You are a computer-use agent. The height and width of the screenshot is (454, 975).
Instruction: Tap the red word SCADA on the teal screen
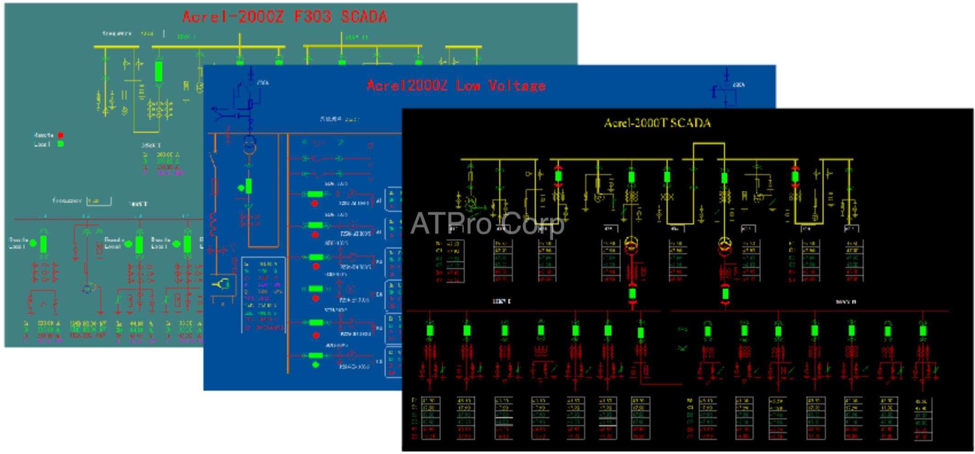point(364,17)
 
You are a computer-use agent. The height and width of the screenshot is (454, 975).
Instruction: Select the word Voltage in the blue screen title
point(516,85)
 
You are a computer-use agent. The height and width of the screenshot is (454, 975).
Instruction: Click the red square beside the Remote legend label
point(60,135)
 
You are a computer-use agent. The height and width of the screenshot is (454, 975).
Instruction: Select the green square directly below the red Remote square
point(60,144)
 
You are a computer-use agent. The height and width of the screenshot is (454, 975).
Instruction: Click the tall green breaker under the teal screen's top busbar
point(159,71)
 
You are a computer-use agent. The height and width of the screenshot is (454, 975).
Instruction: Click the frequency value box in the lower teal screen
point(99,201)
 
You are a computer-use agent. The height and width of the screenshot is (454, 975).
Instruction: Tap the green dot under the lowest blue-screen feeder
point(316,365)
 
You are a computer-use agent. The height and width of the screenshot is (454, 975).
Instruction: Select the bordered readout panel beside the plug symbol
point(263,294)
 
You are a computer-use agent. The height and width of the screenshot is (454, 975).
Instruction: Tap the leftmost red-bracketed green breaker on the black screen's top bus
point(558,177)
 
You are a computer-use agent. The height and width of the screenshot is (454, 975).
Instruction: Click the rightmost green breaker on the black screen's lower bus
point(923,331)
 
